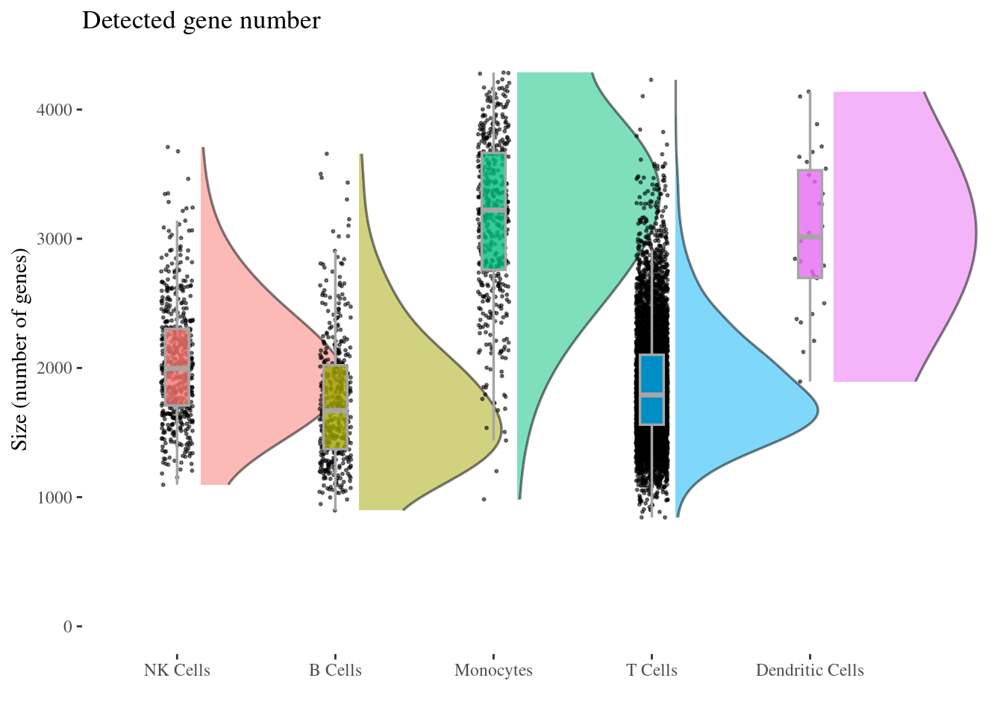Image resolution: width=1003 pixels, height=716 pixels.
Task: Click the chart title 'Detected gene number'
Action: click(x=201, y=21)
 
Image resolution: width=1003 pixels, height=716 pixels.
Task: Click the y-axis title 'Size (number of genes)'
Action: click(x=20, y=351)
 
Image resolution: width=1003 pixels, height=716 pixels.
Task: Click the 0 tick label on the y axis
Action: click(x=68, y=626)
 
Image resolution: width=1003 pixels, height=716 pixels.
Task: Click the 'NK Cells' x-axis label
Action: click(x=177, y=671)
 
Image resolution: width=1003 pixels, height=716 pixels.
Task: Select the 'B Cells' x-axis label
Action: click(x=335, y=671)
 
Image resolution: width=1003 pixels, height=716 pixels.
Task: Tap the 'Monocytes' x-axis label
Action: click(x=493, y=671)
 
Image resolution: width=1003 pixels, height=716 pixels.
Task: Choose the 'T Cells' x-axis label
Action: click(x=652, y=671)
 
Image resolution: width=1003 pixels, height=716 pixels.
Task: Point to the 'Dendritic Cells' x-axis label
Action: click(x=810, y=671)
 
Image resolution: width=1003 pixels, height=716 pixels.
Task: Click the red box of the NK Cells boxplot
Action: click(x=177, y=351)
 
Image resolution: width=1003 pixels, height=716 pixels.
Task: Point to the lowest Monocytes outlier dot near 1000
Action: click(x=484, y=499)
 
